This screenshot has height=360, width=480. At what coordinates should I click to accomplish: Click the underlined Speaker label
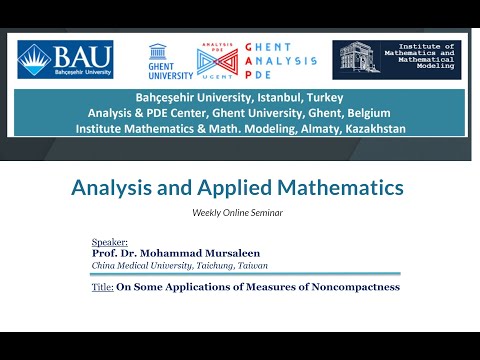[x=109, y=242]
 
